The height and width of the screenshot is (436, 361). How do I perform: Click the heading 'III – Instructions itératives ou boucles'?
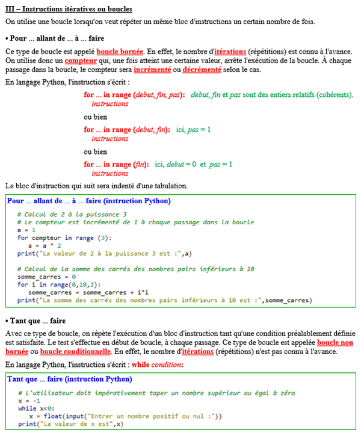[x=69, y=10]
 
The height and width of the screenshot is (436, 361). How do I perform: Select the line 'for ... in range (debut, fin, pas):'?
[x=134, y=95]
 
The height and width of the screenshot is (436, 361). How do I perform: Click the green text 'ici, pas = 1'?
[x=194, y=129]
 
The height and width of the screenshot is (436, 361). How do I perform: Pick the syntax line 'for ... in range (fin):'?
[x=117, y=164]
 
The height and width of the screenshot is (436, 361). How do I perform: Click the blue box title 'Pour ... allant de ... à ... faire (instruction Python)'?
[x=88, y=201]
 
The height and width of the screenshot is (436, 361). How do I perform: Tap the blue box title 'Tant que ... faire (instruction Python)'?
[x=69, y=379]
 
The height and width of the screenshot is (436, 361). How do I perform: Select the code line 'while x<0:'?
[x=31, y=408]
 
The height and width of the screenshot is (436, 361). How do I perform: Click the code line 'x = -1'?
[x=29, y=401]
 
